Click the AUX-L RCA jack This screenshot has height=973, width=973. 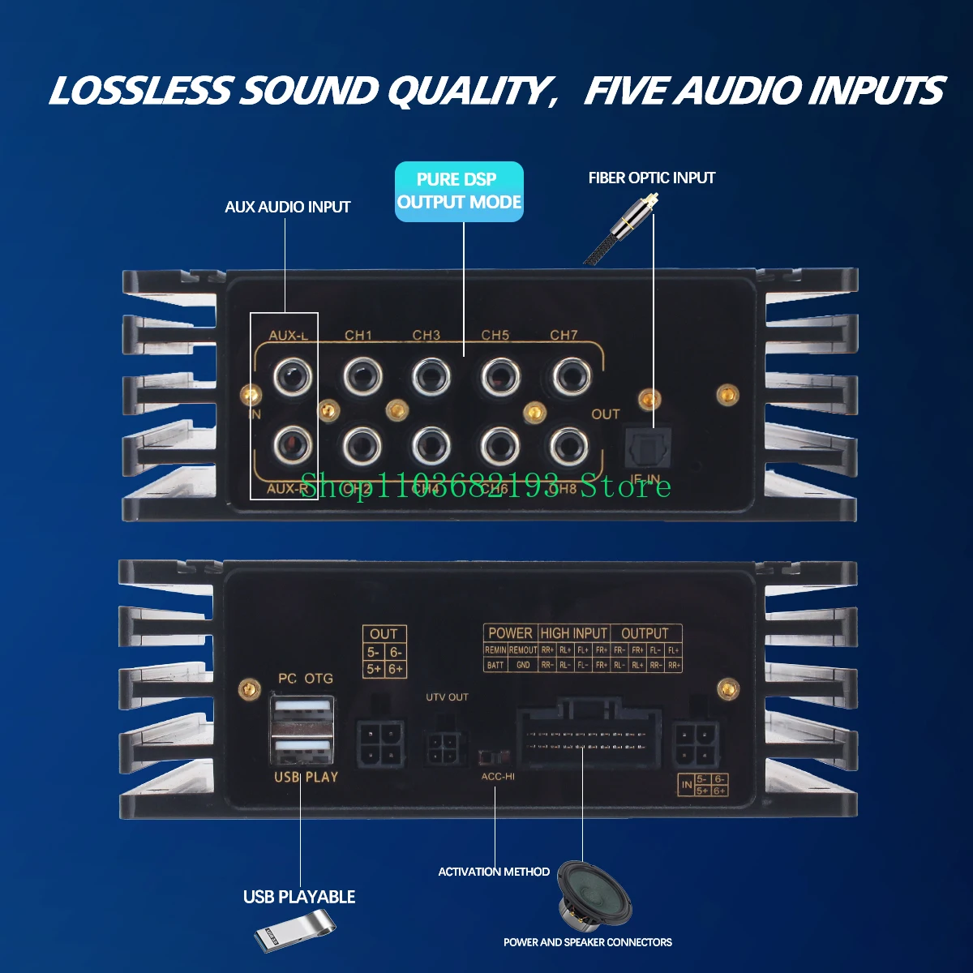[x=292, y=376]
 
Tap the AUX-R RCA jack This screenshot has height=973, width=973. [x=292, y=444]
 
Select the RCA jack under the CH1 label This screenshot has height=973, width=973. [x=362, y=376]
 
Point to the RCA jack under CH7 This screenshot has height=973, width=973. [x=572, y=376]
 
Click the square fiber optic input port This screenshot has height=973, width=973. [x=645, y=447]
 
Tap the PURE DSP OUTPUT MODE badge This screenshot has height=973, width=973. [x=459, y=191]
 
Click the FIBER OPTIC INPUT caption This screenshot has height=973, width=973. [x=652, y=178]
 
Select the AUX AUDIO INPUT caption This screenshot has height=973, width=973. [x=288, y=207]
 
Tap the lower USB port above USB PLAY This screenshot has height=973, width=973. [x=302, y=748]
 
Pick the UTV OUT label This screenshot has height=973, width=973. [x=447, y=697]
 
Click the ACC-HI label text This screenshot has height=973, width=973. [x=498, y=776]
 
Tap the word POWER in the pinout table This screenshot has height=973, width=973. [x=510, y=633]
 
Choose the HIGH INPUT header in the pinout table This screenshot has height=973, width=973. [x=573, y=633]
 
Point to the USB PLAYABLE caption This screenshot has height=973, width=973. [x=299, y=897]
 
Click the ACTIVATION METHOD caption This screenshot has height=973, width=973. [x=494, y=872]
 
